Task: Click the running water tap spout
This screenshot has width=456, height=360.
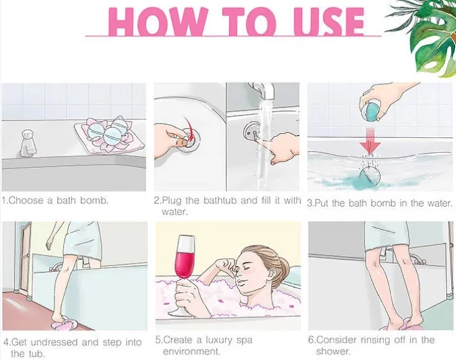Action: tap(267, 92)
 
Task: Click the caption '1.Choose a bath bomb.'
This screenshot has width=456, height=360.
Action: tap(55, 201)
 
